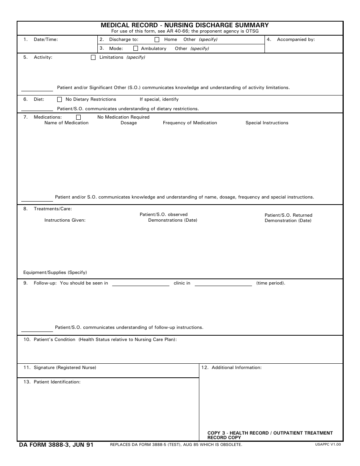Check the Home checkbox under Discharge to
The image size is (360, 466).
tap(157, 39)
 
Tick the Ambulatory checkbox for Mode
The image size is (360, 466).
tap(136, 48)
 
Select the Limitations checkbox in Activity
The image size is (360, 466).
tap(93, 58)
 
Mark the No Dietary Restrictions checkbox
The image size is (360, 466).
tap(59, 100)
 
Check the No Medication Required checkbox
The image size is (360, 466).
tap(78, 117)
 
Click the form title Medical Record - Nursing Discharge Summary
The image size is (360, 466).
tap(185, 25)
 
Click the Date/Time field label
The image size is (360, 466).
tap(45, 39)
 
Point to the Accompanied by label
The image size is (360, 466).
tap(296, 39)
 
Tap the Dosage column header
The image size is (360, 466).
tap(128, 123)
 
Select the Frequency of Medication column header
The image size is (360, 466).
tap(190, 123)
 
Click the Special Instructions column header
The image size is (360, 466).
tap(267, 123)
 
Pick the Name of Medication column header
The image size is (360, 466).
tap(66, 123)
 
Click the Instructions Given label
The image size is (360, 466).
tap(65, 220)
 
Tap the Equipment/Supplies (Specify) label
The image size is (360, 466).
tap(55, 272)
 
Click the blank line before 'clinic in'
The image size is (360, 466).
tap(141, 284)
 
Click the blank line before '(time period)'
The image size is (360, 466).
tap(223, 284)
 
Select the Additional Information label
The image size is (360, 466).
tap(236, 367)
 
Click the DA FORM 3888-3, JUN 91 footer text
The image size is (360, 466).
tap(56, 445)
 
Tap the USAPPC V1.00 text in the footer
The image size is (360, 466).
tap(328, 444)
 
